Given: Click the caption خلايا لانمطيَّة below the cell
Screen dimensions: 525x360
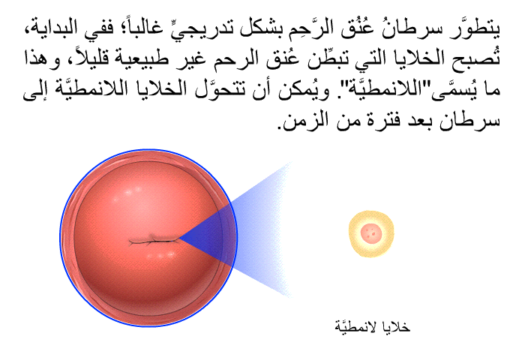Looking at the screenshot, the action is coord(372,325).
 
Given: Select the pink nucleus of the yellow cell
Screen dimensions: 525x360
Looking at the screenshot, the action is coord(370,232).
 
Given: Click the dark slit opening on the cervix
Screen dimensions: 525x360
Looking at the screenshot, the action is coord(154,240).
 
